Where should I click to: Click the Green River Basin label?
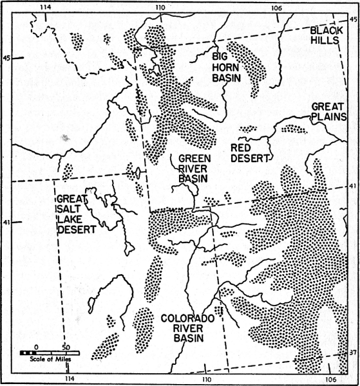coord(195,169)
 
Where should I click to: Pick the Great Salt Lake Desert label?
coord(76,214)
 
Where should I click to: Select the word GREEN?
coord(195,158)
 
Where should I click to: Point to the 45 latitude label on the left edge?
coord(8,59)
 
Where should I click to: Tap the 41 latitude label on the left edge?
coord(8,223)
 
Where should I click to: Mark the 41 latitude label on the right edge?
coord(352,187)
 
